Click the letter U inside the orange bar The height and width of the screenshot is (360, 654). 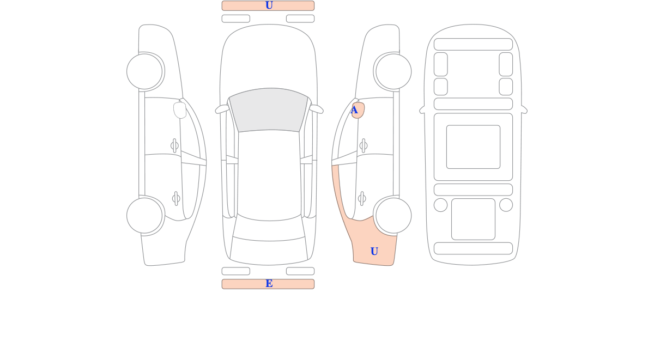[269, 5]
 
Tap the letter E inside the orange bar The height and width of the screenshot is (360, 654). [269, 284]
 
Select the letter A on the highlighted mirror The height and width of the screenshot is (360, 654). [354, 110]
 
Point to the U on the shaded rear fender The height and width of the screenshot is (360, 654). [374, 251]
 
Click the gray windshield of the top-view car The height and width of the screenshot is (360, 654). [269, 109]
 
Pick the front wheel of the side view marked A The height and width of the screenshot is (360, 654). [393, 71]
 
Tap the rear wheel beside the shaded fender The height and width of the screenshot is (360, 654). [393, 216]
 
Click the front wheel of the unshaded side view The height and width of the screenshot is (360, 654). [144, 71]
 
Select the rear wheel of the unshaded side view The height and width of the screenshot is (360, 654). [144, 216]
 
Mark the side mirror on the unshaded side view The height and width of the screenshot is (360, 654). [180, 110]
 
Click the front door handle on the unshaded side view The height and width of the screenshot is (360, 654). [174, 145]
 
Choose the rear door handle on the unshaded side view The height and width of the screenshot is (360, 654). [176, 199]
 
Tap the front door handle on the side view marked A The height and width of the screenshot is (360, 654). [364, 145]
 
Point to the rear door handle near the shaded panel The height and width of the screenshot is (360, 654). [362, 199]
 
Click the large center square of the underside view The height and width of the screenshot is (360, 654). [473, 147]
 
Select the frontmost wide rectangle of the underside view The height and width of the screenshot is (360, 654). [473, 44]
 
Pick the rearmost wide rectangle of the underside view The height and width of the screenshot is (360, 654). [473, 248]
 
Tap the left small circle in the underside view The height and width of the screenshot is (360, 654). [440, 205]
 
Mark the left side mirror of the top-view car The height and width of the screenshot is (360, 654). [222, 109]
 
